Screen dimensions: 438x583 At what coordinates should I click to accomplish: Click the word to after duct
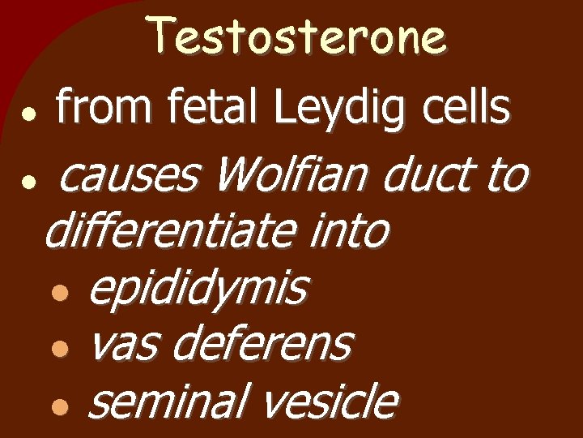(x=507, y=176)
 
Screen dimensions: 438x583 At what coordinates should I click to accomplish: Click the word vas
(x=121, y=345)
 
